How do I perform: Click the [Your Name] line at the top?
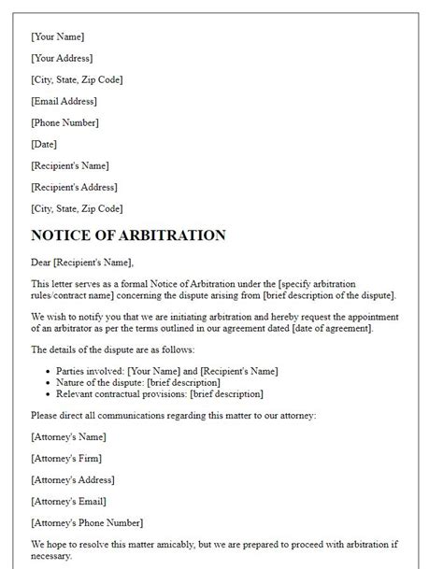click(57, 36)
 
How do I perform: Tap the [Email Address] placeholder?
click(64, 101)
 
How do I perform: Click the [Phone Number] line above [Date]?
click(64, 122)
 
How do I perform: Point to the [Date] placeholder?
click(44, 144)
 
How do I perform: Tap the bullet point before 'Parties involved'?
click(47, 370)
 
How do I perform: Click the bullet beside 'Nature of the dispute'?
click(47, 382)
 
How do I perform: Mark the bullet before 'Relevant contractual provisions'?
click(47, 394)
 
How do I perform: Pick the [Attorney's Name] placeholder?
click(68, 437)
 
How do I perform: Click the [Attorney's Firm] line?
click(66, 458)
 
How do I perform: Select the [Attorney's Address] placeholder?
click(74, 479)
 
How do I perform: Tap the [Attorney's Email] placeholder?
click(68, 501)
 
